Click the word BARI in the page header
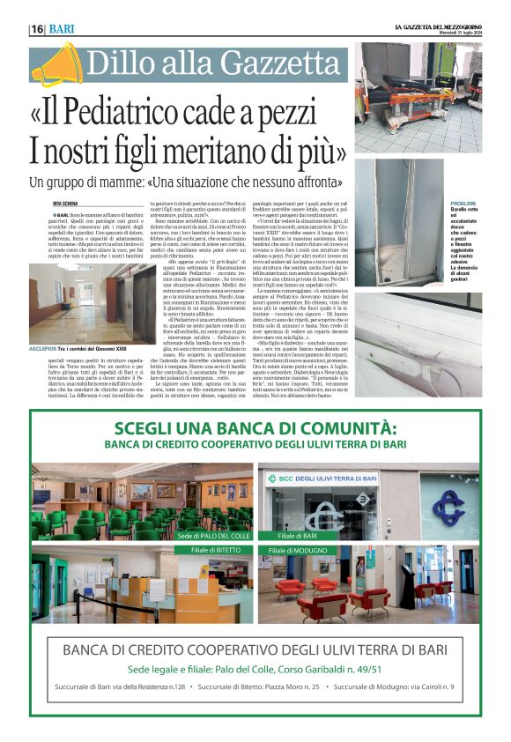coord(62,29)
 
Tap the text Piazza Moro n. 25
coord(287,686)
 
